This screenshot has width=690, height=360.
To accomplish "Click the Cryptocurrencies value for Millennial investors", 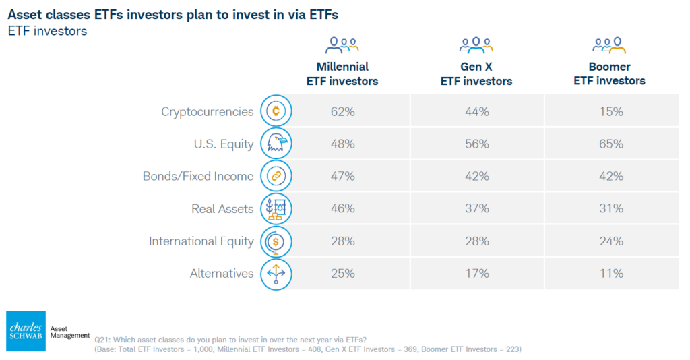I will tap(342, 111).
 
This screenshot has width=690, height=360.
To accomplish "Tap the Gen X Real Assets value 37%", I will tap(476, 209).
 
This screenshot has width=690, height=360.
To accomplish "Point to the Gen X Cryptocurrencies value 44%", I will tap(476, 111).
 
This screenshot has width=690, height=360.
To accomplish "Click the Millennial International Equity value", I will tap(342, 241).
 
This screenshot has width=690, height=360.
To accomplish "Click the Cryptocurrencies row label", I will tap(207, 111).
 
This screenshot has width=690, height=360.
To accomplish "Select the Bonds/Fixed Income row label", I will tap(198, 177).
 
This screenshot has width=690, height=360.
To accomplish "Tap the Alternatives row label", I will tap(222, 274).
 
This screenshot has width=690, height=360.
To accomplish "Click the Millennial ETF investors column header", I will tap(342, 74).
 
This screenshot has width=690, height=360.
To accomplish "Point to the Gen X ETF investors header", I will tap(476, 74).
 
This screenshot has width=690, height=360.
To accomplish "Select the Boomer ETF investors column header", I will tap(609, 74).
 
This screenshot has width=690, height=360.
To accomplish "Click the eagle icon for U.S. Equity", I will tap(276, 144).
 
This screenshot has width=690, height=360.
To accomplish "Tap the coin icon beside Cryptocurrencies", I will tap(276, 111).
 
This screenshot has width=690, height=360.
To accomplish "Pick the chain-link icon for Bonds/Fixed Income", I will tap(276, 177).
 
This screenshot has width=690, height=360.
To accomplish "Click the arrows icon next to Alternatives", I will tap(276, 274).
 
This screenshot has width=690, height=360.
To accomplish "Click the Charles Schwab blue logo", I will tap(26, 331).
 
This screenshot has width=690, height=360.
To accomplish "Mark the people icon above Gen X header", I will tap(476, 45).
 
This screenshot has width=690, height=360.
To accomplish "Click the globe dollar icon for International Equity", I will tap(276, 241).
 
